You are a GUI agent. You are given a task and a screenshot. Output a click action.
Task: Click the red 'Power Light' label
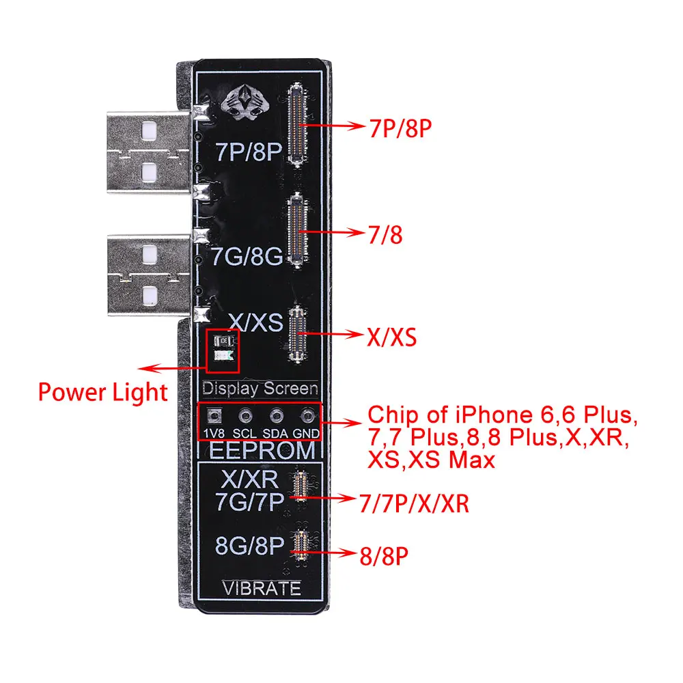(103, 392)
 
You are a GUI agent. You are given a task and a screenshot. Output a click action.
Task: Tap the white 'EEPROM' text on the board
(262, 450)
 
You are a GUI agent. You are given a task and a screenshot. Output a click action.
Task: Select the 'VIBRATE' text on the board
(262, 589)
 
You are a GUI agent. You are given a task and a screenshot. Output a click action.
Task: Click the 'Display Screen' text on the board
(260, 389)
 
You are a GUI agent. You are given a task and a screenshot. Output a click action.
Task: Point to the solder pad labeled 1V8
(214, 416)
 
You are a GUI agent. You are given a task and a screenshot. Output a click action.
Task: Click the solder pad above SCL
(246, 416)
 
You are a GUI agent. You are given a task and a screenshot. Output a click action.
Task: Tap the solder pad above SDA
(277, 416)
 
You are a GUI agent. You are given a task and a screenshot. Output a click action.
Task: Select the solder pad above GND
(308, 416)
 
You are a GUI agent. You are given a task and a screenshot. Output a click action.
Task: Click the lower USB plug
(149, 275)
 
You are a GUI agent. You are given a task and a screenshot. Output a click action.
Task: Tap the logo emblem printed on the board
(245, 103)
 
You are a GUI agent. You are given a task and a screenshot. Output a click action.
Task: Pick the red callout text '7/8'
(385, 235)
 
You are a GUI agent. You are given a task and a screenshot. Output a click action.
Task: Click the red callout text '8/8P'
(384, 556)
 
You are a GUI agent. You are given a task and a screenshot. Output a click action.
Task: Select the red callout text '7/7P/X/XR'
(414, 503)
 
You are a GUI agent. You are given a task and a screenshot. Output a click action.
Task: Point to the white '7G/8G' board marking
(247, 256)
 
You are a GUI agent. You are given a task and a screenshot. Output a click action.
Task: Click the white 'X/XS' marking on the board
(256, 322)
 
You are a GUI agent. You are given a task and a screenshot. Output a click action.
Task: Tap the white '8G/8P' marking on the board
(249, 545)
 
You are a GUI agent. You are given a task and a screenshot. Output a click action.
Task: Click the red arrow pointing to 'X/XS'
(331, 334)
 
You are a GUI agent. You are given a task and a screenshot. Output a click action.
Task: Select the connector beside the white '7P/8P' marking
(298, 125)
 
